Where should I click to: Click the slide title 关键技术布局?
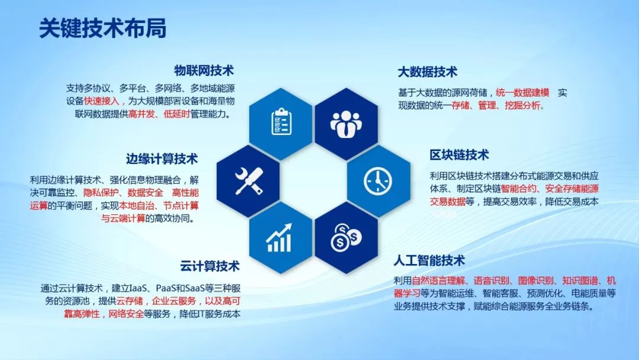pos(102,28)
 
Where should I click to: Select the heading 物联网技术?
pos(204,70)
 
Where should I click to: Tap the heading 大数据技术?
pos(427,72)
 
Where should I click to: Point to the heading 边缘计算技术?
pos(162,159)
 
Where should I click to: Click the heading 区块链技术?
pos(459,155)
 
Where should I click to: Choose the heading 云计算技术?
pos(210,266)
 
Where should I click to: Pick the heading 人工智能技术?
pos(430,261)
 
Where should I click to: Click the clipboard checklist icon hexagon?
pos(280,122)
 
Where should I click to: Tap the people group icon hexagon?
pos(346,122)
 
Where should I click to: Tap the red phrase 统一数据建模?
pos(522,93)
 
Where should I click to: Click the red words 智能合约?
pos(519,189)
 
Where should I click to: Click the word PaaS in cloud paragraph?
pos(167,288)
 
